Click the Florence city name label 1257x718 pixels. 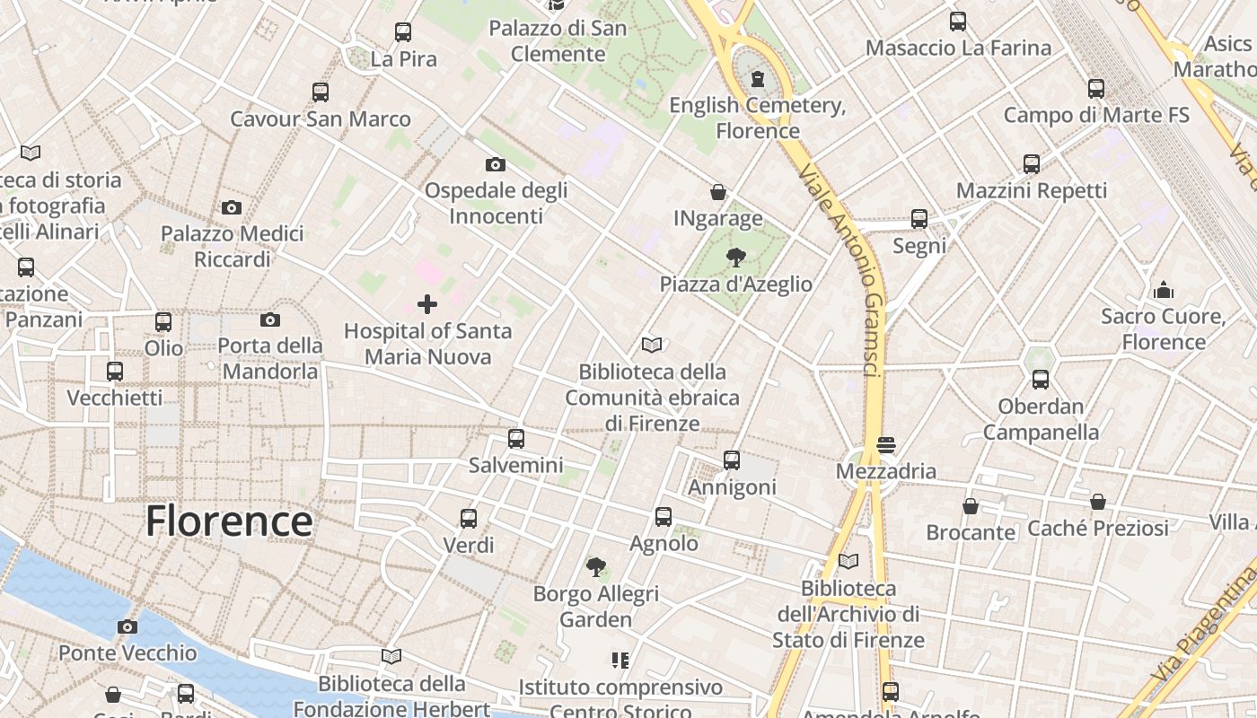[x=229, y=521]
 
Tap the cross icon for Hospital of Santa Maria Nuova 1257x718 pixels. [x=427, y=304]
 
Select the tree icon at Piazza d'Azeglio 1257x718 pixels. [x=736, y=258]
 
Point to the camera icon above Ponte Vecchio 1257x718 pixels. [x=127, y=626]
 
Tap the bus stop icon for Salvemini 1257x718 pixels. [x=516, y=439]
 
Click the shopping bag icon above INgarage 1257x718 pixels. [x=718, y=192]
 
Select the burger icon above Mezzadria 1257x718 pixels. [x=886, y=445]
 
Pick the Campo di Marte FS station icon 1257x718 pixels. [x=1096, y=89]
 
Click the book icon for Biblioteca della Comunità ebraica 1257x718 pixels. [x=652, y=345]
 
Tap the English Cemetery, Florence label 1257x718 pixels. [x=758, y=118]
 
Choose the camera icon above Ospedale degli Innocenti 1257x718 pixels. [x=496, y=164]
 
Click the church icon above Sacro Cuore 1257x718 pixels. [x=1164, y=290]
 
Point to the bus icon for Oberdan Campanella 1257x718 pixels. [x=1041, y=380]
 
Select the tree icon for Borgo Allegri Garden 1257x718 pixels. [x=595, y=567]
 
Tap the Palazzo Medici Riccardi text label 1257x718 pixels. [x=232, y=247]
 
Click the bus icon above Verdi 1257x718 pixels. [x=469, y=519]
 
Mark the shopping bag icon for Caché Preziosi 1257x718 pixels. [x=1098, y=502]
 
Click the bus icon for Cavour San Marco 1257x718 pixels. [x=321, y=92]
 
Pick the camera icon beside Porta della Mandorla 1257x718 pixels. [x=270, y=320]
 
